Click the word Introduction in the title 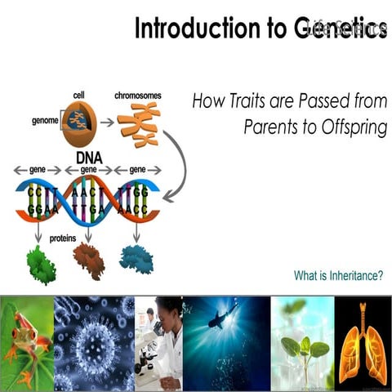click(182, 29)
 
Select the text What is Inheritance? click(338, 275)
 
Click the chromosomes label click(137, 96)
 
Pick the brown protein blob click(88, 261)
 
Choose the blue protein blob click(136, 259)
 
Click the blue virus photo click(93, 343)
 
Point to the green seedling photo click(303, 343)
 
